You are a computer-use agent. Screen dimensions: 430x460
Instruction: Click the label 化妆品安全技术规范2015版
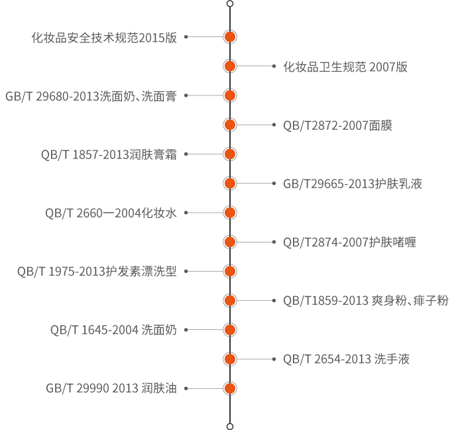tap(104, 38)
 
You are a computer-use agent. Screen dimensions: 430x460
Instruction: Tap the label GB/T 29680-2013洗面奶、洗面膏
tap(91, 96)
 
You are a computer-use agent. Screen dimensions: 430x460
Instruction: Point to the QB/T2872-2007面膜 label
tap(337, 125)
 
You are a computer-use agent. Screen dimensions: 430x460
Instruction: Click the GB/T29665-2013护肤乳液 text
tap(353, 184)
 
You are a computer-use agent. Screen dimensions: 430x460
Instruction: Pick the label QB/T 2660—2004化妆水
tap(111, 213)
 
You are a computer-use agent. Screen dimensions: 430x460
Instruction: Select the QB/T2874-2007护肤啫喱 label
tap(349, 242)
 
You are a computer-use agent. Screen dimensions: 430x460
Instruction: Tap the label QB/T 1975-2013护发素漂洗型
tap(97, 271)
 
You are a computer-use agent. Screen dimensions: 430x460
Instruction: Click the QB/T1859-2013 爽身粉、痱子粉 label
tap(365, 300)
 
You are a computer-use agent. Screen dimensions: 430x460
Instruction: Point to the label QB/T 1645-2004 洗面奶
tap(113, 329)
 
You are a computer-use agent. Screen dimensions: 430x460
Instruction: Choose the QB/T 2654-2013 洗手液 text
tap(346, 359)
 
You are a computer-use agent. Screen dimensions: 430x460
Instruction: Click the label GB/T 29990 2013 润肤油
tap(111, 388)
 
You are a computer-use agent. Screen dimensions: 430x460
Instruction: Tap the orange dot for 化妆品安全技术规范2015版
tap(230, 38)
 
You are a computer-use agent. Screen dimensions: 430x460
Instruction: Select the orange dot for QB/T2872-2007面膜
tap(230, 125)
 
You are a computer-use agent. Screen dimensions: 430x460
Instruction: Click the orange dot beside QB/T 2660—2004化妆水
tap(230, 213)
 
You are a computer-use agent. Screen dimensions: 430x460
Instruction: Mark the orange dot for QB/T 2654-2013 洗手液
tap(230, 359)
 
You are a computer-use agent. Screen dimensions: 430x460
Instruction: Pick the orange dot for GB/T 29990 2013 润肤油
tap(230, 388)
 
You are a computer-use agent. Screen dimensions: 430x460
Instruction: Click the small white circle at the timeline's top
tap(230, 3)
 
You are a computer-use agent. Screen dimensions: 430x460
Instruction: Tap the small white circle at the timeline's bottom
tap(230, 425)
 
